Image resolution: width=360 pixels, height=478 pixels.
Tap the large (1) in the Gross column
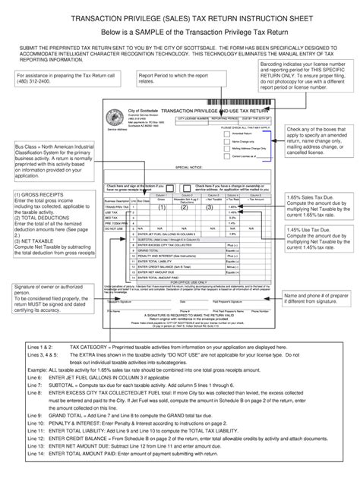point(161,206)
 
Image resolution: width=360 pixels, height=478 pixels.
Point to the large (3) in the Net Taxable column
point(207,206)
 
